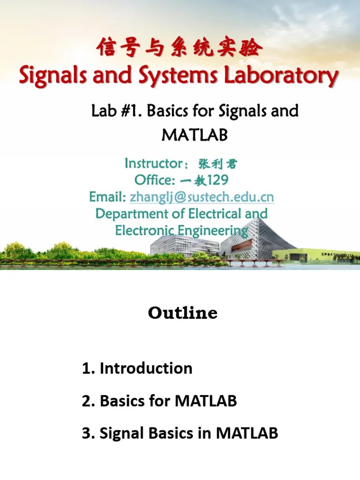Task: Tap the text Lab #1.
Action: pos(115,111)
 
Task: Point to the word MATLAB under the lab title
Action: pos(194,135)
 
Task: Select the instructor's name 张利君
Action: pos(218,165)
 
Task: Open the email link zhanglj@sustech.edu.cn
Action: pos(202,197)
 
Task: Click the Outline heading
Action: pos(183,313)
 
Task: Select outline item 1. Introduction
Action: pos(137,368)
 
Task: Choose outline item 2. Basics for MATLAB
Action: pos(159,401)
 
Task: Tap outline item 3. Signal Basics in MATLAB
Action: pos(180,433)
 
